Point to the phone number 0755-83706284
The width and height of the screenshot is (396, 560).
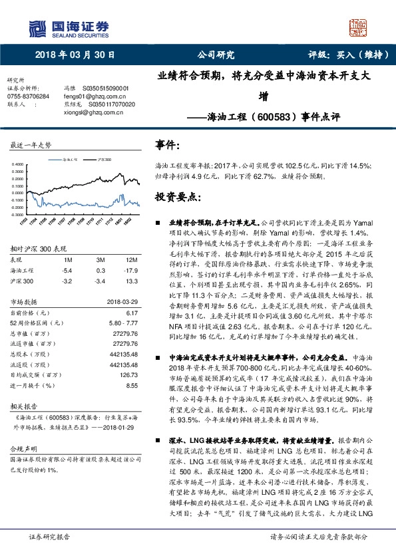tap(27, 96)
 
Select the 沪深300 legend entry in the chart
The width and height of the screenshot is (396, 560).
tap(102, 160)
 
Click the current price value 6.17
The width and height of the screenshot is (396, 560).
tap(131, 312)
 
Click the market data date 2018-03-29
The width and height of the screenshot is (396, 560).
tap(122, 301)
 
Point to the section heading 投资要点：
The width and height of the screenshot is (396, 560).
tap(176, 198)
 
